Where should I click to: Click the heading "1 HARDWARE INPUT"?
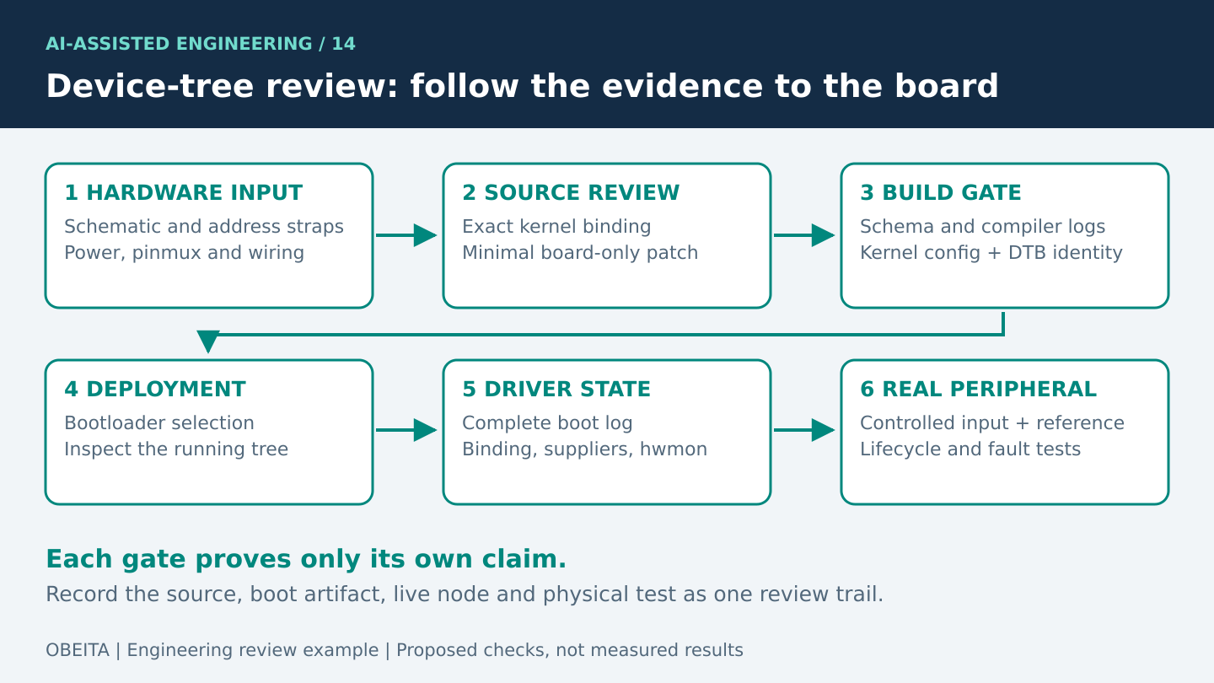pyautogui.click(x=183, y=192)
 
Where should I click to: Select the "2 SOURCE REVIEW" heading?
pyautogui.click(x=571, y=192)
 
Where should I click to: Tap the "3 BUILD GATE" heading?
pyautogui.click(x=940, y=192)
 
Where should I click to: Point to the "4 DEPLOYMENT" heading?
pyautogui.click(x=155, y=390)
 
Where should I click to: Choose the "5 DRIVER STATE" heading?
pyautogui.click(x=556, y=390)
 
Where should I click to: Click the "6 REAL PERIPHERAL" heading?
pyautogui.click(x=978, y=390)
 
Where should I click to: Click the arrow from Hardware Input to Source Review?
pyautogui.click(x=406, y=235)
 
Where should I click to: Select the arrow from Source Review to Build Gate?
pyautogui.click(x=804, y=235)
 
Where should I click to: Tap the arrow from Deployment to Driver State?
pyautogui.click(x=406, y=430)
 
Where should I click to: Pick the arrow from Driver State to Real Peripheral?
pyautogui.click(x=804, y=430)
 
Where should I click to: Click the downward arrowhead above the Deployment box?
pyautogui.click(x=208, y=341)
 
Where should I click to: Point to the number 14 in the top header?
pyautogui.click(x=344, y=43)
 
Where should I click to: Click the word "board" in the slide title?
pyautogui.click(x=946, y=86)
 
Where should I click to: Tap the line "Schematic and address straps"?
pyautogui.click(x=204, y=227)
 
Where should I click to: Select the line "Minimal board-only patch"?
pyautogui.click(x=580, y=253)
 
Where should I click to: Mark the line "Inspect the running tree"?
pyautogui.click(x=176, y=449)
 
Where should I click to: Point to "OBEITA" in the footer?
pyautogui.click(x=78, y=650)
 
